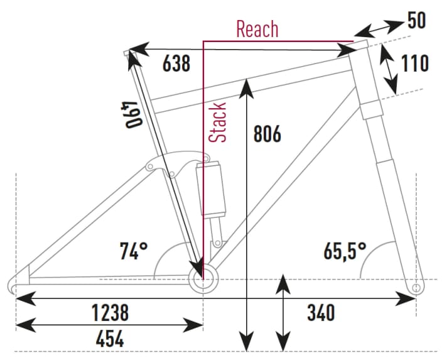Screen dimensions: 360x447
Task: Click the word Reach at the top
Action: click(x=257, y=29)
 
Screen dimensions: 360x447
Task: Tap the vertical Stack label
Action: click(x=218, y=122)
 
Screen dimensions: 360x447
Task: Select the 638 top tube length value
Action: click(x=176, y=63)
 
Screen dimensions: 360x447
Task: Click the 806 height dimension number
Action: click(x=266, y=133)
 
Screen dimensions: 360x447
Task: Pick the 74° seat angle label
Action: click(x=134, y=251)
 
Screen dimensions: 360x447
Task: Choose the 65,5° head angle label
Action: click(x=345, y=251)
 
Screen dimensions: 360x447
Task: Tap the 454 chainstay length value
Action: click(x=110, y=340)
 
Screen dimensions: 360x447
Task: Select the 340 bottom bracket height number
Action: click(x=320, y=312)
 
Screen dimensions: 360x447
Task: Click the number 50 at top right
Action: click(x=416, y=21)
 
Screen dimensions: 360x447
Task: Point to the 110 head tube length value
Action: click(x=414, y=63)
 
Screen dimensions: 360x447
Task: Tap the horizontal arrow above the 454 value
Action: click(x=109, y=325)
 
